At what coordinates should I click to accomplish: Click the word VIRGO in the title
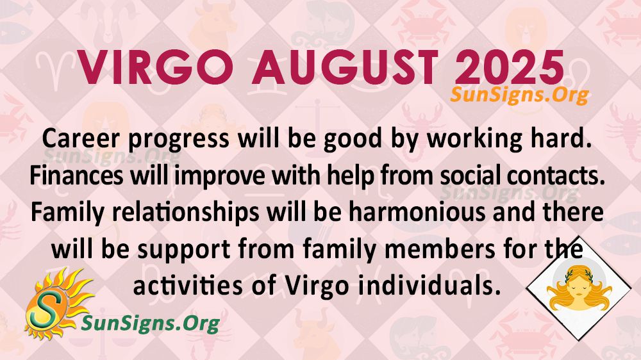coord(155,67)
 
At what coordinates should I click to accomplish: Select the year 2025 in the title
coord(509,67)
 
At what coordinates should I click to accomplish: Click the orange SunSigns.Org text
coord(519,95)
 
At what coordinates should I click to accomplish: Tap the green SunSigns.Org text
coord(151,323)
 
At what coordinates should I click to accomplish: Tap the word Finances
coord(76,176)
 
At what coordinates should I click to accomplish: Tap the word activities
coord(188,286)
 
